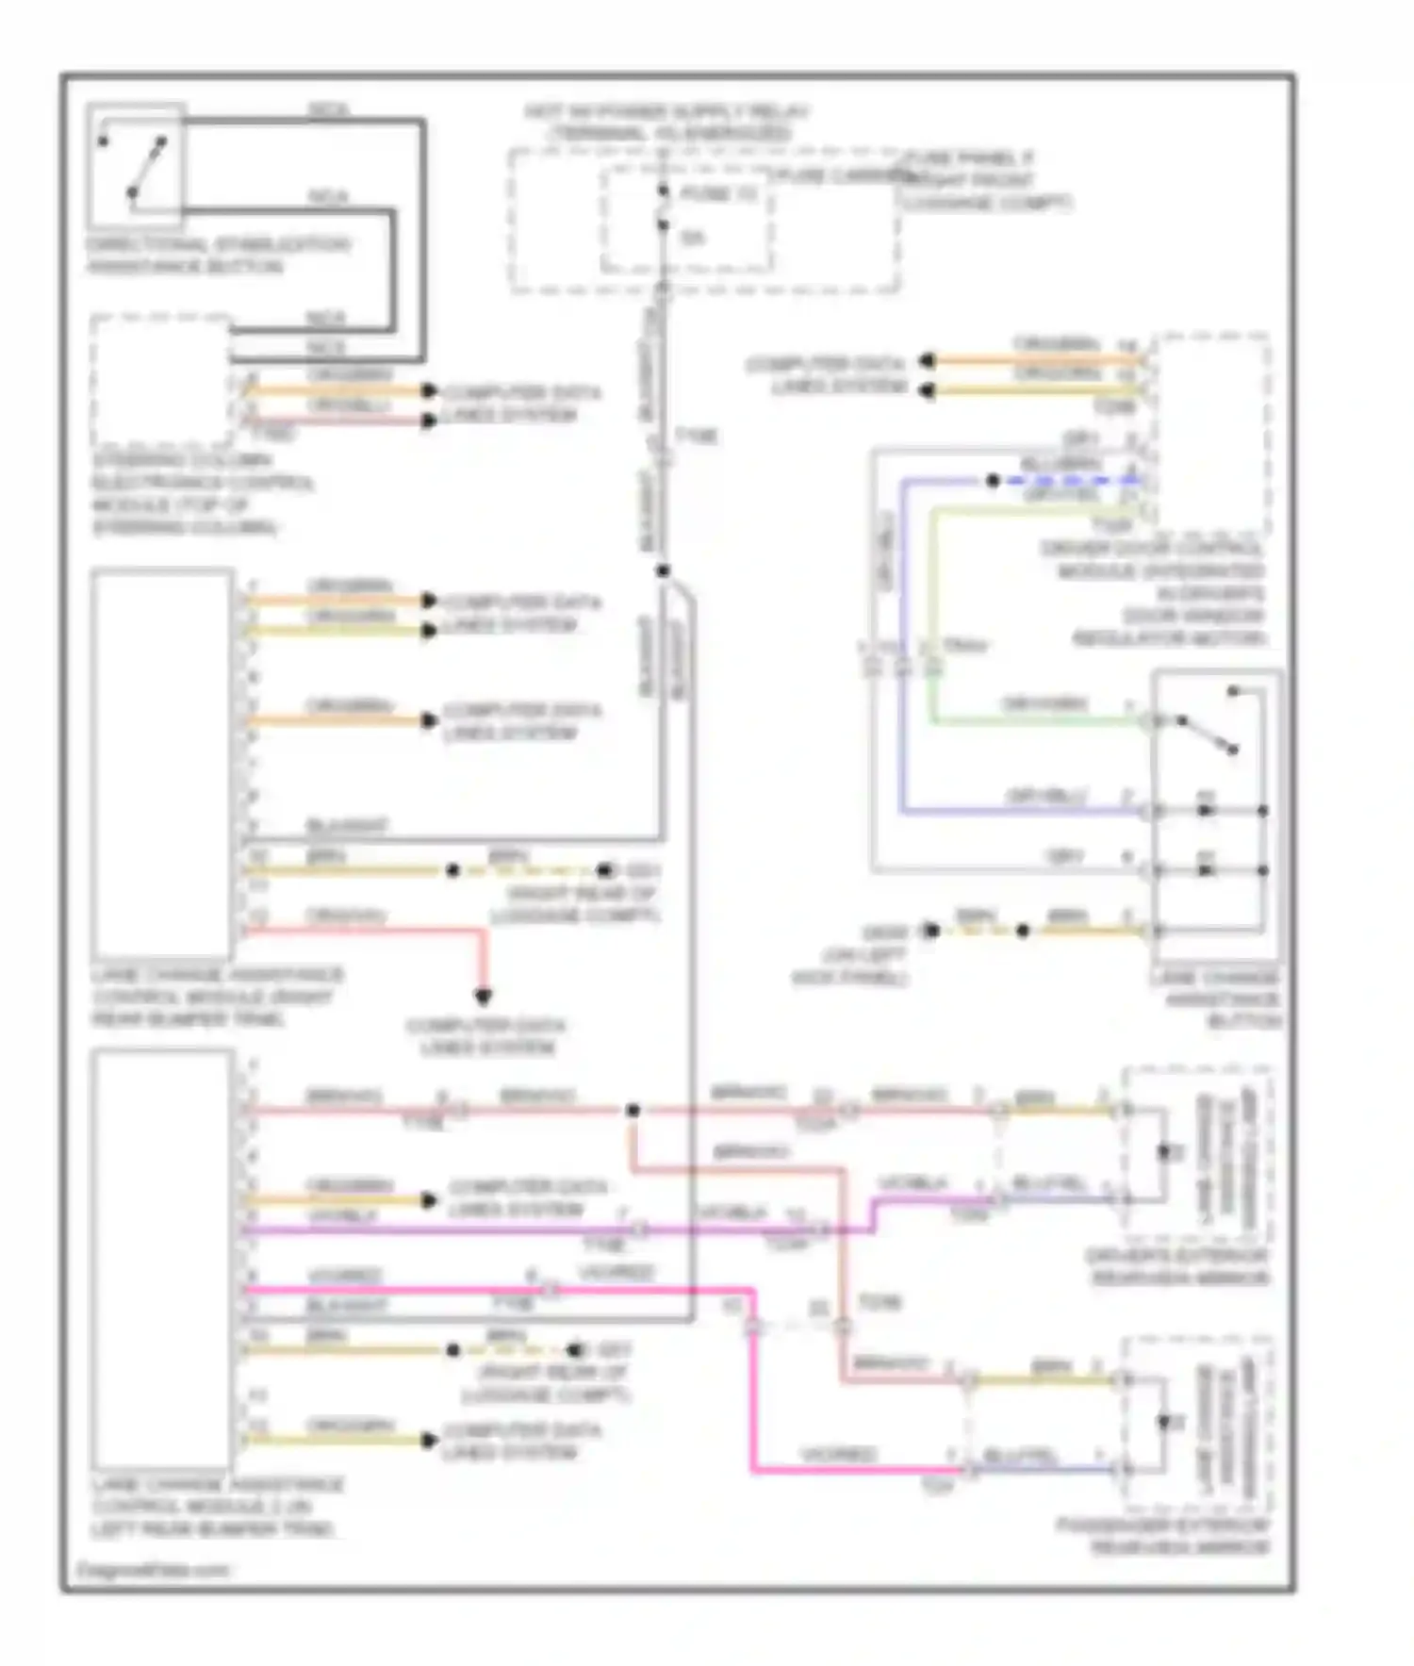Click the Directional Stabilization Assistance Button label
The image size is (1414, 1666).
pyautogui.click(x=218, y=256)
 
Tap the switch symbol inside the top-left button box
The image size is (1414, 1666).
pyautogui.click(x=134, y=168)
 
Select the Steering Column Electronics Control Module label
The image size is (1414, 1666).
pyautogui.click(x=202, y=493)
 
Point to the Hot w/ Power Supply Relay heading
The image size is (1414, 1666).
pyautogui.click(x=666, y=123)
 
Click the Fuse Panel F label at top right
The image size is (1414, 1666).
pyautogui.click(x=986, y=180)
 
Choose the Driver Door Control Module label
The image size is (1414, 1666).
pyautogui.click(x=1152, y=593)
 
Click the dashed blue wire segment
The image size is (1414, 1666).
pyautogui.click(x=1065, y=481)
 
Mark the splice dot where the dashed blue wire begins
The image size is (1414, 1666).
pyautogui.click(x=993, y=481)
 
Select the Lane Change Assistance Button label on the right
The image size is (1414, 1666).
pyautogui.click(x=1216, y=999)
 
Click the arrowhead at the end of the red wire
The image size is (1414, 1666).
pyautogui.click(x=484, y=996)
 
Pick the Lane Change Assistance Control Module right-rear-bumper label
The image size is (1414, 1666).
pyautogui.click(x=217, y=997)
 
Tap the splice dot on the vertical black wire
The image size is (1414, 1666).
pyautogui.click(x=664, y=570)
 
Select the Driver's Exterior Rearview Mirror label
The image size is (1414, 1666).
pyautogui.click(x=1176, y=1266)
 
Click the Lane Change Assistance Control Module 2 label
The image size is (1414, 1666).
pyautogui.click(x=217, y=1506)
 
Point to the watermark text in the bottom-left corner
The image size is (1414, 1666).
pyautogui.click(x=154, y=1570)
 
